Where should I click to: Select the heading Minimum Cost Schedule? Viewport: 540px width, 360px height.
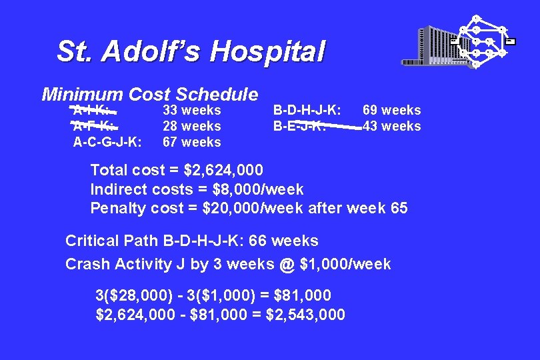(149, 95)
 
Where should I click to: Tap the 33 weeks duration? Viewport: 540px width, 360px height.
(192, 110)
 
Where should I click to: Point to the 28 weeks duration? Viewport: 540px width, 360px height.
(192, 126)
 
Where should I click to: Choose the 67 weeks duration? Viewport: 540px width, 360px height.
(192, 142)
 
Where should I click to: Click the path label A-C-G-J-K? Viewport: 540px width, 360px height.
(107, 142)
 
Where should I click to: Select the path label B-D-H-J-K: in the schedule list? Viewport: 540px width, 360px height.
(307, 110)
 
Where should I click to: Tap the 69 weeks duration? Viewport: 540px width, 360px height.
(391, 110)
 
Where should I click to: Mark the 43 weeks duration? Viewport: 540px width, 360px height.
(391, 126)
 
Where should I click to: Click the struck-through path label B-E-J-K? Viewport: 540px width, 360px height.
(299, 126)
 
